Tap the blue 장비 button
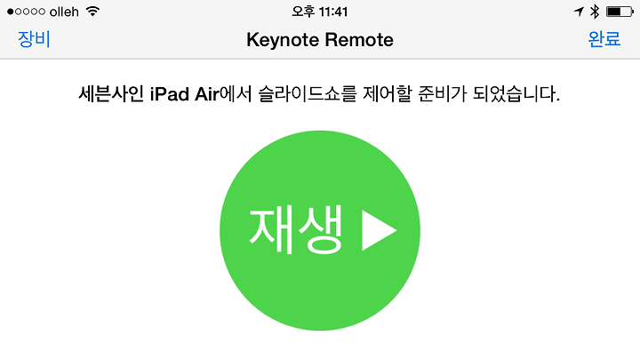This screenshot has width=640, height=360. (34, 40)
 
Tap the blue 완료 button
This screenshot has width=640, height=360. (604, 39)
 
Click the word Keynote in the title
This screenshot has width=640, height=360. (283, 40)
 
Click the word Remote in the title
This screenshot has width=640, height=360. (359, 40)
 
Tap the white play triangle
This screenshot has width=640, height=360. (379, 230)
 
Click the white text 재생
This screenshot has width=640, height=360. (295, 230)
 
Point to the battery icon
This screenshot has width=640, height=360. (620, 12)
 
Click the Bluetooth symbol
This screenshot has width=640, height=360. (595, 12)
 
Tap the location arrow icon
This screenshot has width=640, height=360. (579, 12)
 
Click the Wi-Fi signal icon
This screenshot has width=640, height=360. (93, 12)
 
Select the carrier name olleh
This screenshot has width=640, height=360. (64, 12)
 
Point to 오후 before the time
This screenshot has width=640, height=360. (303, 12)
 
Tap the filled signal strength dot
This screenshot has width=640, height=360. (10, 12)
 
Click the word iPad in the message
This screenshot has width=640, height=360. (170, 94)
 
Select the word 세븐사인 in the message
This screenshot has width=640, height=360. (111, 94)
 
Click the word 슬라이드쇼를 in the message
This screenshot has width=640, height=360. (308, 94)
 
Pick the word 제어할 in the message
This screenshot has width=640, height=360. (388, 94)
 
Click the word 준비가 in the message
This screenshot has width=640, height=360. (442, 94)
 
